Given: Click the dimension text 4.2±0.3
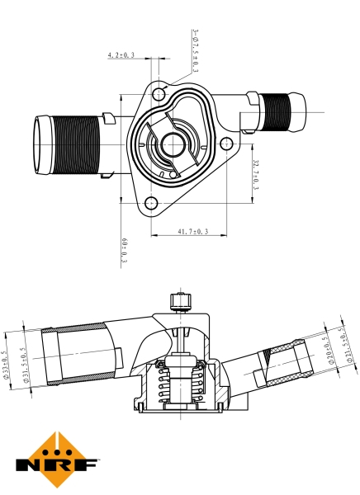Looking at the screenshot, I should (x=121, y=55).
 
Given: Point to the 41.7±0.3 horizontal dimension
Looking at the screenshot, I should (x=191, y=233).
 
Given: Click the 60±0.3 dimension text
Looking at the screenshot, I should (x=124, y=250).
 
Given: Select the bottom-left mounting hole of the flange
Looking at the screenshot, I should (x=150, y=203).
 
